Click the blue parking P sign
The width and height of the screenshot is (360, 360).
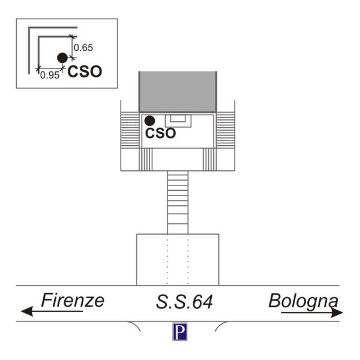pos(180,331)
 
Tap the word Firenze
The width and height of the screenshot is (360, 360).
pos(73,301)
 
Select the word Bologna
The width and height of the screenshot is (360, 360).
pos(303,301)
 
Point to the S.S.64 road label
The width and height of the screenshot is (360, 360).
pos(184,302)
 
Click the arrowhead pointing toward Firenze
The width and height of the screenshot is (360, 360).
pos(27,311)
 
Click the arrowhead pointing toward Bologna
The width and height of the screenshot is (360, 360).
pos(337,313)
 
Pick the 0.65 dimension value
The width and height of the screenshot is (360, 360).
pos(83,48)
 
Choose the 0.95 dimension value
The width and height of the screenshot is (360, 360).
pos(50,75)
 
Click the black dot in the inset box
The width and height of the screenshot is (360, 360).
pos(62,58)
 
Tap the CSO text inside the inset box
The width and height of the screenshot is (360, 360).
pos(85,71)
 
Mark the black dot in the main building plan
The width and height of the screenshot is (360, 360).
pos(149,121)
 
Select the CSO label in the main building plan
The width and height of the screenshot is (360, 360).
pos(160,133)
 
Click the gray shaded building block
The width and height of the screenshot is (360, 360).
pos(178,92)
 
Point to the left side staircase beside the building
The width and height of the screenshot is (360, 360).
pos(130,130)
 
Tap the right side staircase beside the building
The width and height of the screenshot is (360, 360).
pos(226,130)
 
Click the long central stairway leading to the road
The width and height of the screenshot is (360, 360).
pos(178,203)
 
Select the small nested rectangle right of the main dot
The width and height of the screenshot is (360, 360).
pos(178,121)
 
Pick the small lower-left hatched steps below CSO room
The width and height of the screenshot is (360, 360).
pos(146,160)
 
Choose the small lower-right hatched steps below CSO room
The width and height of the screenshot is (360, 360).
pos(209,160)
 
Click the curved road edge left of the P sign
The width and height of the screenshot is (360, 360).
pos(135,325)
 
